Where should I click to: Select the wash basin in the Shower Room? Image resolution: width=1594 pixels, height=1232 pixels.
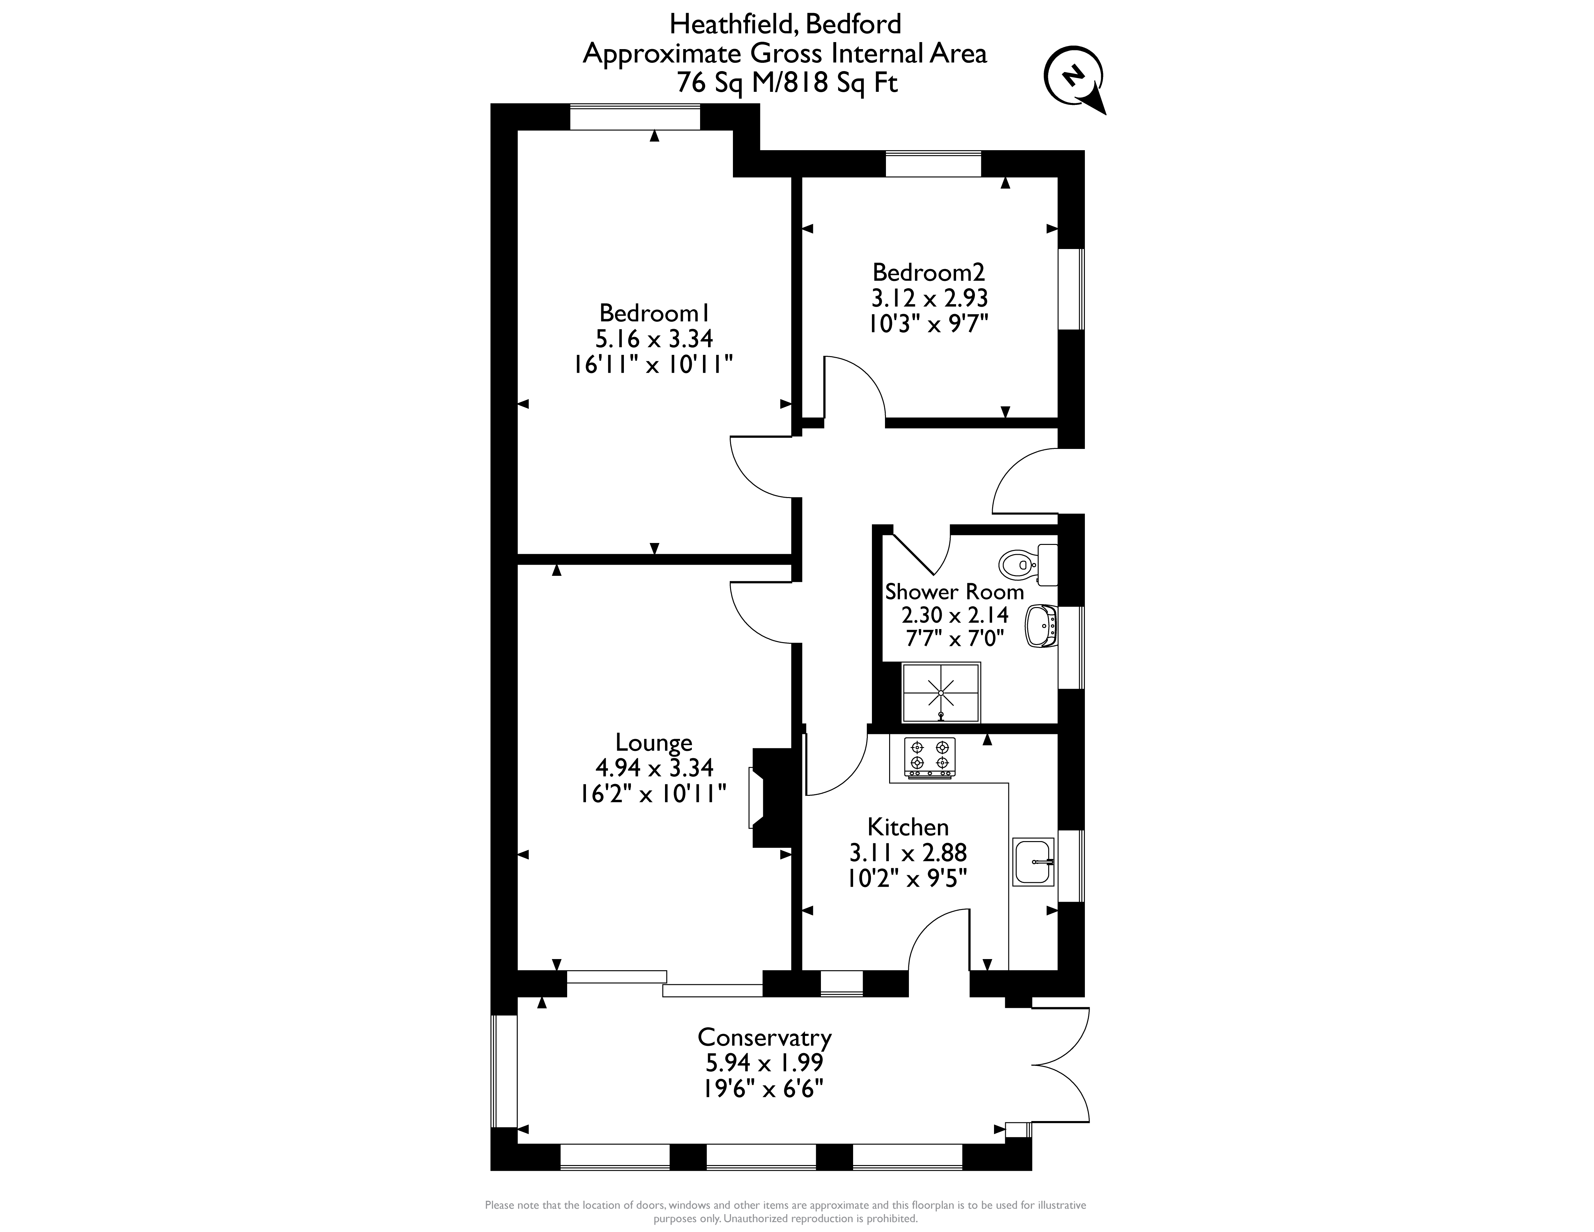click(x=1042, y=626)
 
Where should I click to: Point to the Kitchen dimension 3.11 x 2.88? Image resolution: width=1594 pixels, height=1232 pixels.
click(x=908, y=852)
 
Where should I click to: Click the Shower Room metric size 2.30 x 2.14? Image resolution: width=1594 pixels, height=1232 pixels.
click(x=955, y=614)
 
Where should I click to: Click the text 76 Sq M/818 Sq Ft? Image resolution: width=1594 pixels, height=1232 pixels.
click(x=787, y=83)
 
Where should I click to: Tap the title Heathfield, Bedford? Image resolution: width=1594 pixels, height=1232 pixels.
click(x=785, y=24)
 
